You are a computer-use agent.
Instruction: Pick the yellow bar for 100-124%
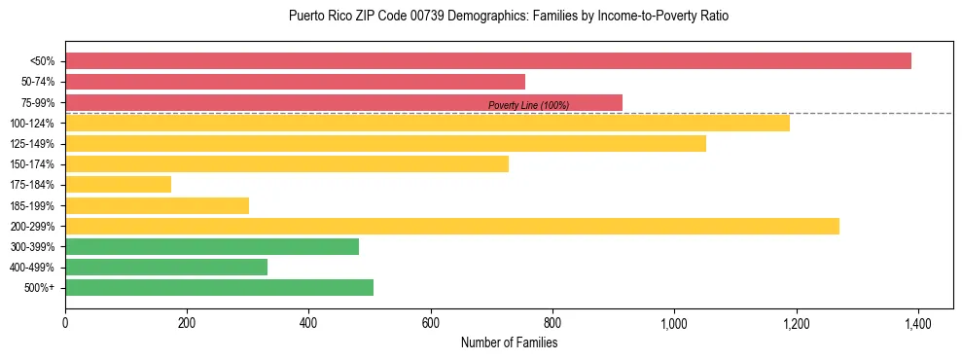[x=427, y=123]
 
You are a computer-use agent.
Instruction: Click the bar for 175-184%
[x=118, y=184]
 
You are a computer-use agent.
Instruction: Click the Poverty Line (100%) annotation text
[x=528, y=105]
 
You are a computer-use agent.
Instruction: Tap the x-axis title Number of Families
[x=509, y=342]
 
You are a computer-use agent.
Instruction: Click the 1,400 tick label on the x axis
[x=917, y=322]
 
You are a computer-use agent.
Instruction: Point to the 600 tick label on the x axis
[x=430, y=322]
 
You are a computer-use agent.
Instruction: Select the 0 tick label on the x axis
[x=65, y=322]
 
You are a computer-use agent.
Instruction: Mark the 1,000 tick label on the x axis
[x=674, y=322]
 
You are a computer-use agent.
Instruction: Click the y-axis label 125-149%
[x=32, y=144]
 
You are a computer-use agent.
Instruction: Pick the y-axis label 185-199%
[x=32, y=205]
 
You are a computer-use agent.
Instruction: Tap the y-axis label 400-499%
[x=32, y=268]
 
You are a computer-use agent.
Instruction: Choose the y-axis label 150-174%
[x=32, y=164]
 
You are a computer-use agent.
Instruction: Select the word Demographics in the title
[x=470, y=17]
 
